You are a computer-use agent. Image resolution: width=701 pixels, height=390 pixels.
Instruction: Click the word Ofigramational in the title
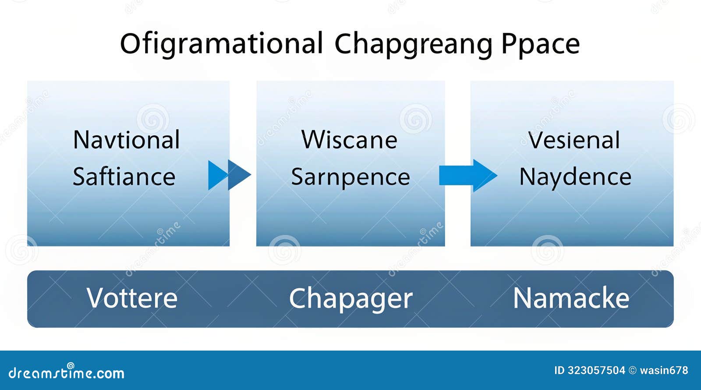221,44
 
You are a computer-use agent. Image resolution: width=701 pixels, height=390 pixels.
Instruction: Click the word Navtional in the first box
126,140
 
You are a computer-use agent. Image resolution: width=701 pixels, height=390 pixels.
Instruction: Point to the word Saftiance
124,177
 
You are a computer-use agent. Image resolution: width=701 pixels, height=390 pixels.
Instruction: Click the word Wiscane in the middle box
349,140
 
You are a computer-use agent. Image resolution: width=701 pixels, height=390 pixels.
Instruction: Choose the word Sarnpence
350,177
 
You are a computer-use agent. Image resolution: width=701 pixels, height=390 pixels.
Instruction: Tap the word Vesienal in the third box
574,140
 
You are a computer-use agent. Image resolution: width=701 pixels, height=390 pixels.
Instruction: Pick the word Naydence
575,177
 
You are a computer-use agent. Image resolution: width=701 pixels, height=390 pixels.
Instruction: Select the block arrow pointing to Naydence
467,175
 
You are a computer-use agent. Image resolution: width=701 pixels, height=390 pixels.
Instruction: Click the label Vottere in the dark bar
132,298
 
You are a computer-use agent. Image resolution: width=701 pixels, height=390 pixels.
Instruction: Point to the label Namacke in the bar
571,298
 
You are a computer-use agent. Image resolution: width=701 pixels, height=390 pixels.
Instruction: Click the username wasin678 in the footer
664,370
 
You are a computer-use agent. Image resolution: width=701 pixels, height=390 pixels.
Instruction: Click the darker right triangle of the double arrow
238,175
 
